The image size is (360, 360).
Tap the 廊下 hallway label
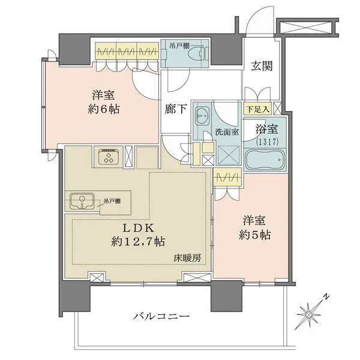point(175,110)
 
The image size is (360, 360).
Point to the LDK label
point(139,228)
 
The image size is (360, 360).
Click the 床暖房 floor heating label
point(188,257)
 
